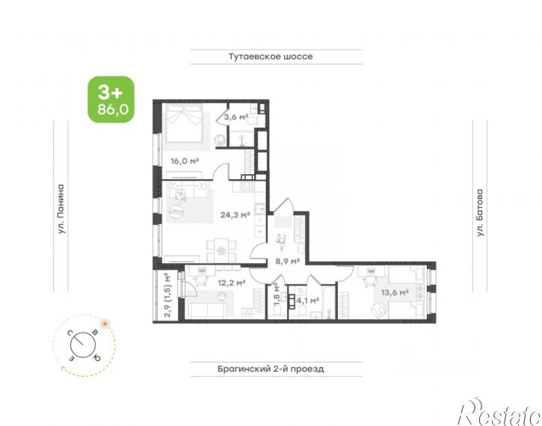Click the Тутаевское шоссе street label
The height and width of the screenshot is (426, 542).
click(271, 56)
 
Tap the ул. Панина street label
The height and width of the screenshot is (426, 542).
click(61, 209)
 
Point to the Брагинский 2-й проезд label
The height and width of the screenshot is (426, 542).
click(271, 369)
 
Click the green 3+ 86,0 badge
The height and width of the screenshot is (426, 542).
click(111, 99)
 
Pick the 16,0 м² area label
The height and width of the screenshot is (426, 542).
click(185, 161)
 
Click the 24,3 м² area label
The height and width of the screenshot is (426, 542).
click(235, 215)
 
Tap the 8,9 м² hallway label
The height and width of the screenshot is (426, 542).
click(287, 261)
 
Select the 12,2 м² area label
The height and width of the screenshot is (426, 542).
click(231, 283)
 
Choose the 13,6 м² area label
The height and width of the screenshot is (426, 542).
click(395, 293)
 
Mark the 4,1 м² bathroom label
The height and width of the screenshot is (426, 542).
click(308, 300)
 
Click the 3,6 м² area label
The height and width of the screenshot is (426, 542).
click(236, 117)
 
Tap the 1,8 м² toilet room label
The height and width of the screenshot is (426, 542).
click(277, 294)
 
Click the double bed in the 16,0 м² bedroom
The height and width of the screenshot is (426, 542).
click(183, 123)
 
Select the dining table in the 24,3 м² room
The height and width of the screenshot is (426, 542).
click(221, 250)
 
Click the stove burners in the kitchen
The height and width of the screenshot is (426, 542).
click(247, 187)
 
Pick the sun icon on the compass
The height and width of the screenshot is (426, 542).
click(104, 324)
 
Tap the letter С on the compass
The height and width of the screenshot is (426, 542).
click(70, 333)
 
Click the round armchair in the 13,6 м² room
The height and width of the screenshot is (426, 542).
click(380, 309)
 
